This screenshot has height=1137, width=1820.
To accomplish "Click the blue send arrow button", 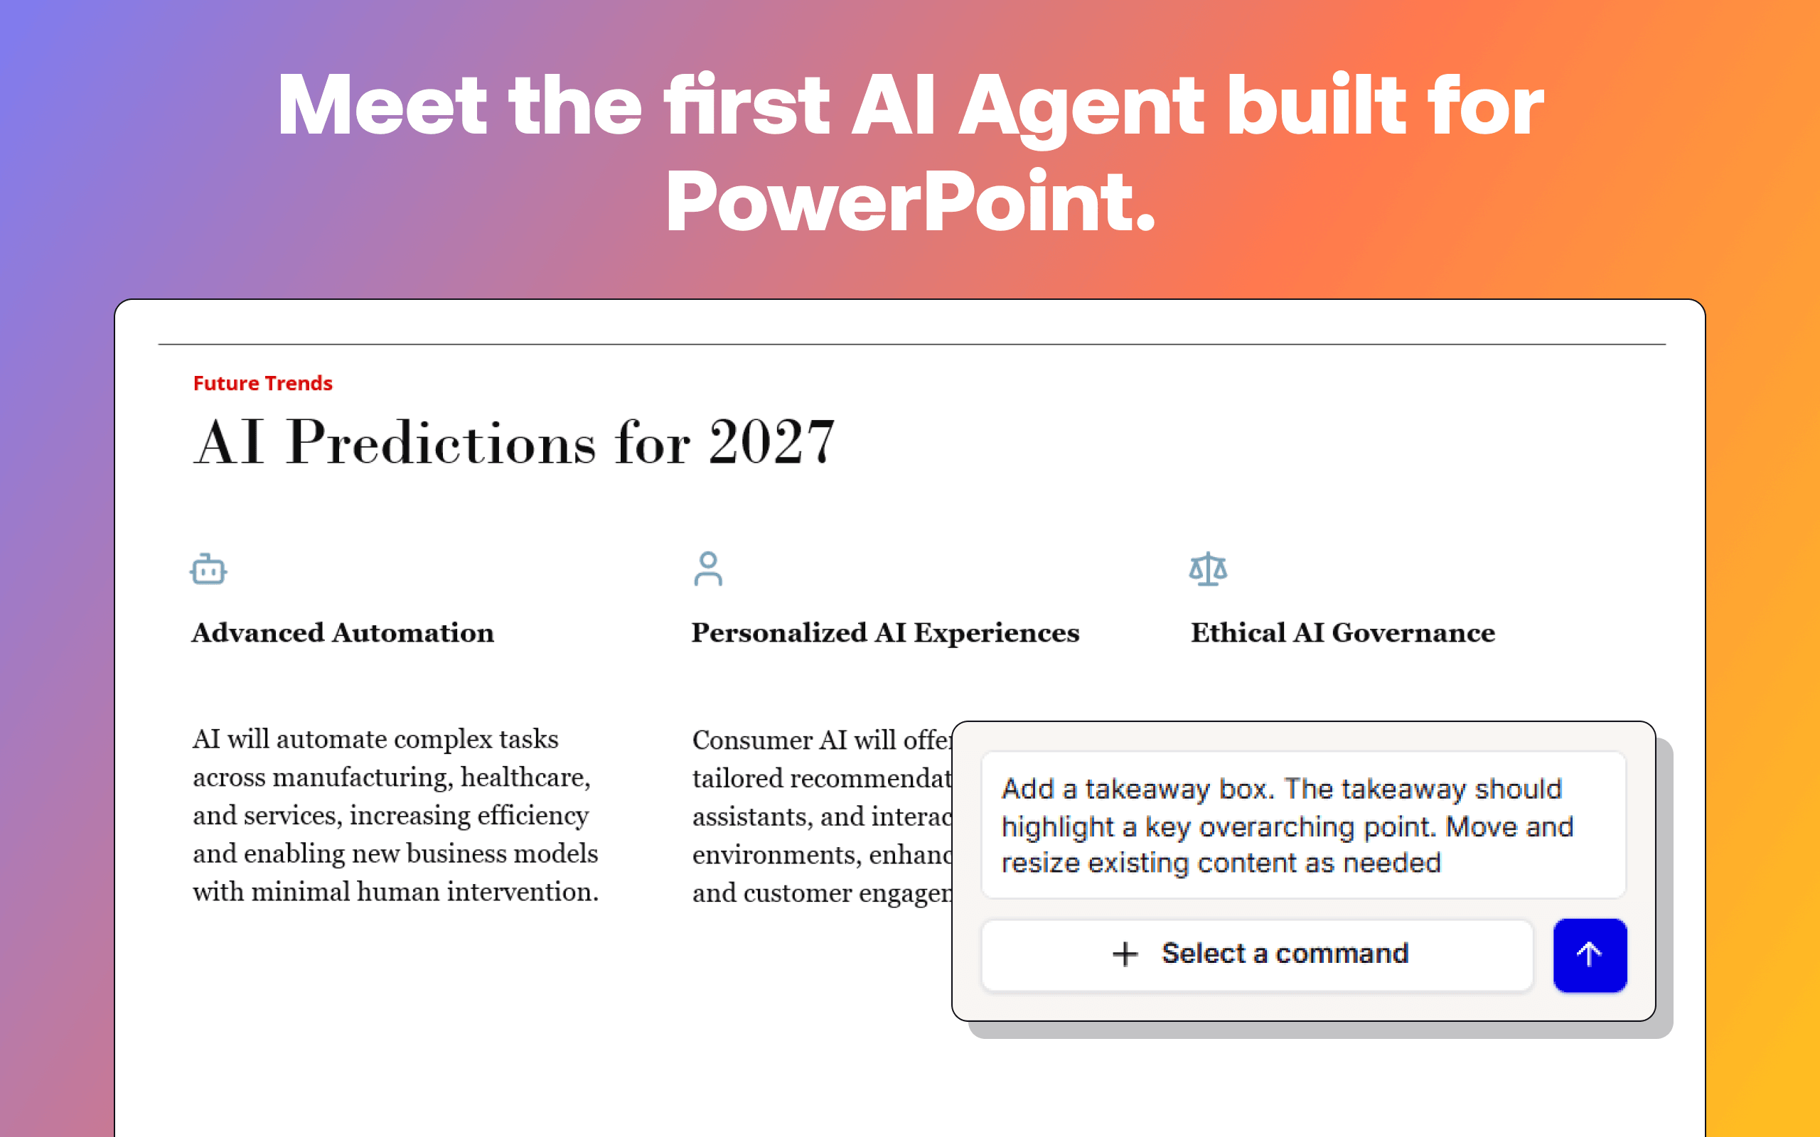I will point(1589,954).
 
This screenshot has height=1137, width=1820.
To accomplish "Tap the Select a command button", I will point(1257,954).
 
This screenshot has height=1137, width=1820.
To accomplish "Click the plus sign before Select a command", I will point(1125,954).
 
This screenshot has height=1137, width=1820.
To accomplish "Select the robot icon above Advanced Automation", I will point(208,569).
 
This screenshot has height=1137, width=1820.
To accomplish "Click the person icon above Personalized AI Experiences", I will point(707,568).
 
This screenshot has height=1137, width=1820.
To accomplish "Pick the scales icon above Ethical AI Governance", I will point(1208,569).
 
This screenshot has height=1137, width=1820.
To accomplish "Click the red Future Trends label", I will point(262,384).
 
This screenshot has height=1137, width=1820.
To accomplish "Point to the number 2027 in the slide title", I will point(771,442).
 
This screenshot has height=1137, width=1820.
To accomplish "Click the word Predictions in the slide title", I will point(441,442).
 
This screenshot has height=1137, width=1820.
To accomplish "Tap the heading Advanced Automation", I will point(343,633).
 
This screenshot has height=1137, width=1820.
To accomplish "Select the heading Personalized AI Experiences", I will point(885,633).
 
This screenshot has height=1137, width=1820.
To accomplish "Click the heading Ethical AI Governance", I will point(1342,633).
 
